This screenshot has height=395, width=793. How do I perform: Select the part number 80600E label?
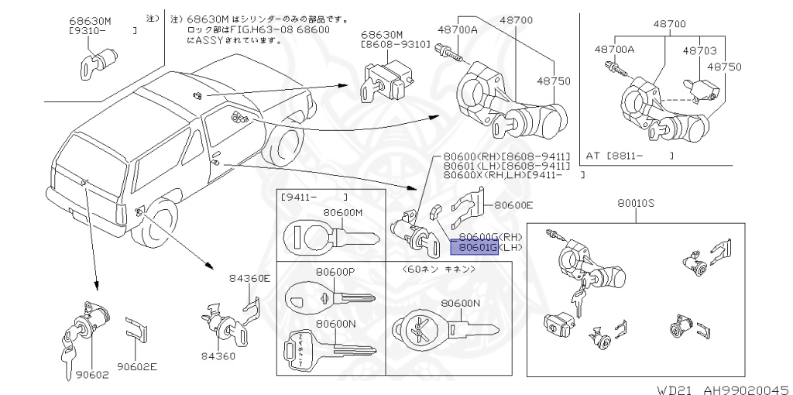pos(514,205)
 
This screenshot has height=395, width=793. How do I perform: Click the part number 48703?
pos(700,50)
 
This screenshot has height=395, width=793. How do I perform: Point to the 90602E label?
pos(137,366)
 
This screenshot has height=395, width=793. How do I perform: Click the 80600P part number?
pos(335,272)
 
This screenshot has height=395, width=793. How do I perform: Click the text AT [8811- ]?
pos(629,156)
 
